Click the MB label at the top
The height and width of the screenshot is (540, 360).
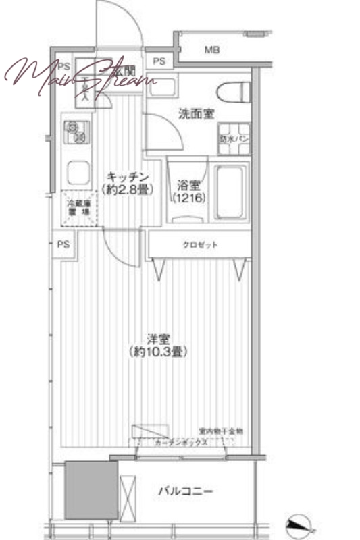tap(211, 49)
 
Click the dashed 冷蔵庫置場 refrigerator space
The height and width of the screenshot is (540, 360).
tap(78, 207)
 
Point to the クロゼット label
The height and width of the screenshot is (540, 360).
tap(199, 245)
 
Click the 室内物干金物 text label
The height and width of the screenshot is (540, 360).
tap(220, 431)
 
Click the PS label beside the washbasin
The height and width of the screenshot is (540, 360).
tap(159, 61)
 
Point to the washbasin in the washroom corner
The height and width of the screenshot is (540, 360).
tap(162, 87)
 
